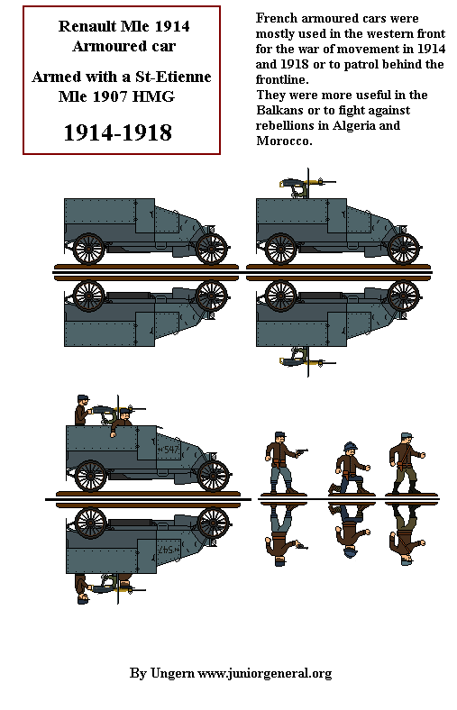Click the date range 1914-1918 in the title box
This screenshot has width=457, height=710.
pos(117,133)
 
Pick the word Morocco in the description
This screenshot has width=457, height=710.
pos(283,141)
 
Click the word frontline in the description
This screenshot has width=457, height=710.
pos(286,79)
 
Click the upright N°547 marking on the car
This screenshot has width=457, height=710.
pos(169,448)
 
